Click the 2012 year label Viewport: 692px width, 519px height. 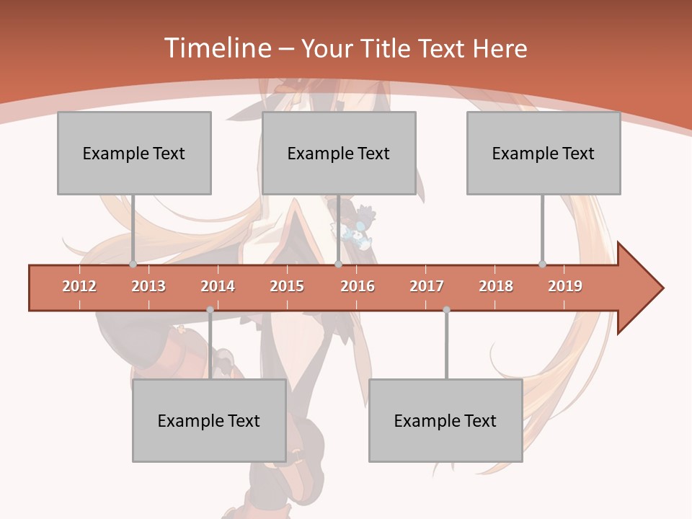(79, 286)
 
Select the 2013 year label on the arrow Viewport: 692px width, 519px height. (148, 286)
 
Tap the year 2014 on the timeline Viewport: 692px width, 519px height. (218, 286)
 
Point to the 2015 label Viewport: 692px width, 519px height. (287, 286)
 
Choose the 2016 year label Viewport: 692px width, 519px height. (358, 286)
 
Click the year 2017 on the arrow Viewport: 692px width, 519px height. (427, 286)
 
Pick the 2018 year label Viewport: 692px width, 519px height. (496, 286)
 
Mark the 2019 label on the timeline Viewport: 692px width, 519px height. (565, 286)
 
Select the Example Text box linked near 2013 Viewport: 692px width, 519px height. (134, 153)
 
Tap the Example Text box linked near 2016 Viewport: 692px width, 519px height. (339, 153)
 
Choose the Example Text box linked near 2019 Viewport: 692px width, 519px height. (544, 153)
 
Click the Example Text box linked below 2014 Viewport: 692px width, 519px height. (209, 421)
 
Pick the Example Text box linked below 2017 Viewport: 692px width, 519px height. (445, 421)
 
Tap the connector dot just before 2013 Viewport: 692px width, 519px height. (133, 265)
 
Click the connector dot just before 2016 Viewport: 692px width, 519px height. (338, 265)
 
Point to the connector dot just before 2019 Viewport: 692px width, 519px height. (542, 265)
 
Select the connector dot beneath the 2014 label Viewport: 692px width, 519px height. (210, 310)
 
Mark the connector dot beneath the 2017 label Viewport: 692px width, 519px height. (446, 310)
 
